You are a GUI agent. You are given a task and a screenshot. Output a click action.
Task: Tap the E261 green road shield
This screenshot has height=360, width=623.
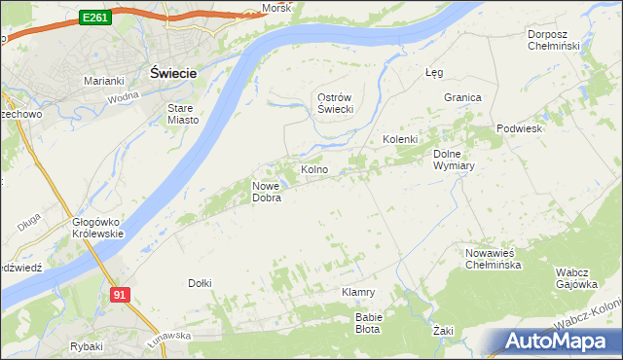(94, 18)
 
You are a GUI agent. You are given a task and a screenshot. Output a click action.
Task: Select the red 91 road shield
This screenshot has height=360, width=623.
(119, 294)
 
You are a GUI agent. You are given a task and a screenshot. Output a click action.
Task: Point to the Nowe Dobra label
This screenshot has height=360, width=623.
(267, 192)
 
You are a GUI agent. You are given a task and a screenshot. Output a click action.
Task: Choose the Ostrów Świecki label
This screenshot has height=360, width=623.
(334, 103)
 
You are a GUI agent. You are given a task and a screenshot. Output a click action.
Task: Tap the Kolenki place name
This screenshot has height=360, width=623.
(400, 139)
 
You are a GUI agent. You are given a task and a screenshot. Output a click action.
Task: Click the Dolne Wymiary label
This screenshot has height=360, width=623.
(453, 159)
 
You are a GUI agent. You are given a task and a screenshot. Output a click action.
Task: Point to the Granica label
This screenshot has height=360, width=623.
(463, 98)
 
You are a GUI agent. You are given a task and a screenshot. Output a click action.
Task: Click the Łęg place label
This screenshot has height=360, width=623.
(434, 72)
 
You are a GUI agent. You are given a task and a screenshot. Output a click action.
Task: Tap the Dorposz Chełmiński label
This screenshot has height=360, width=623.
(553, 40)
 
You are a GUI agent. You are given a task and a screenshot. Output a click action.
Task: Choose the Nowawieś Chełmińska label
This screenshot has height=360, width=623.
(495, 258)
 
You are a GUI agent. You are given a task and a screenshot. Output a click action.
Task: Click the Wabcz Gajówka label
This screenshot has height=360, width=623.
(575, 277)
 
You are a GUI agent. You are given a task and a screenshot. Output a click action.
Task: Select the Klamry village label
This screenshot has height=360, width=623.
(358, 292)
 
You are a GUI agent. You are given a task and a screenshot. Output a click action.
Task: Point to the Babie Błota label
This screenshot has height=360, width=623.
(369, 322)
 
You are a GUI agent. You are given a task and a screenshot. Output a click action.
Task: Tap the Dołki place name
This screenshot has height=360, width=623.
(200, 283)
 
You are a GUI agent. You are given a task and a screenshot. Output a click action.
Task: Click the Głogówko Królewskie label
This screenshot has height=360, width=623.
(97, 227)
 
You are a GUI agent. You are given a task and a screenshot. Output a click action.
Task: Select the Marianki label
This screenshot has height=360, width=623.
(103, 80)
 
